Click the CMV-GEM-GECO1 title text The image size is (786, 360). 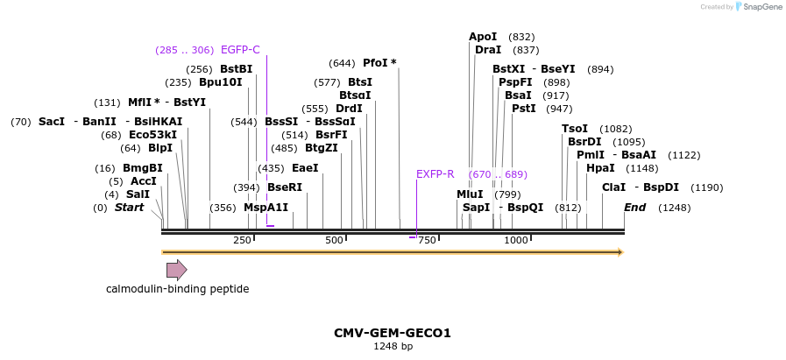coord(393,333)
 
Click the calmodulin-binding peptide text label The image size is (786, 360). coord(178,289)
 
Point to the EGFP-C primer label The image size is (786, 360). coord(240,50)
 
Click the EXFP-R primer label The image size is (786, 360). coord(435,174)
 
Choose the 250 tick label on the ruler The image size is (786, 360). coord(242,240)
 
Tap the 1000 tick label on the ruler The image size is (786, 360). coord(516,240)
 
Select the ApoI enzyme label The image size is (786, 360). coord(483,37)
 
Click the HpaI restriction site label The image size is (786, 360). coord(600,168)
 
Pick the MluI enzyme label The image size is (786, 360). coord(470,194)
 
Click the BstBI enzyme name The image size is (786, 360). coord(236,69)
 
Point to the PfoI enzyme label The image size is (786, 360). coord(379,63)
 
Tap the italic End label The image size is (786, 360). coord(635,208)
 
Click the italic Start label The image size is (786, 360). coord(129,208)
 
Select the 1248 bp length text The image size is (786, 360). coord(393,347)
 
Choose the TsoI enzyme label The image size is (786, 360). coord(575,129)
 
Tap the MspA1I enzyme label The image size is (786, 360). coord(266,208)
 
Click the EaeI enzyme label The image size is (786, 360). coord(305,168)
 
